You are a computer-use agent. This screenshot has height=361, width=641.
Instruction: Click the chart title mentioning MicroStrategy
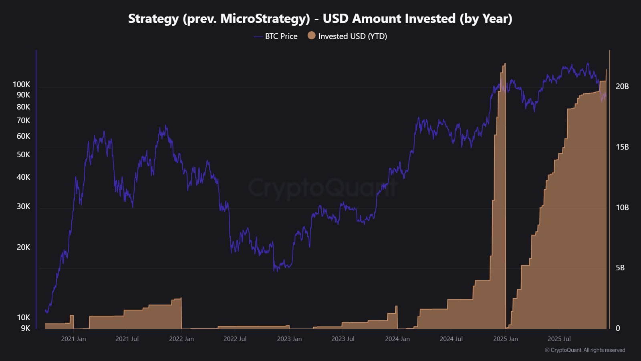coord(320,18)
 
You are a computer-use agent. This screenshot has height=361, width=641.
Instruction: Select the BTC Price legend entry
coord(276,36)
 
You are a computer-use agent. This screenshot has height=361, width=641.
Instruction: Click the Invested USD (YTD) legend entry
coord(347,36)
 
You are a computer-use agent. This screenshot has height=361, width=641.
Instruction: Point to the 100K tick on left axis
coord(21,84)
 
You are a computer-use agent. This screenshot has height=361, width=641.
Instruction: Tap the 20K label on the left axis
coord(23,247)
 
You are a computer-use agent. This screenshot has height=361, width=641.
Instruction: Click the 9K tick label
coord(25,328)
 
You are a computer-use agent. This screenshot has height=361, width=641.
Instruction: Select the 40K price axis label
coord(23,177)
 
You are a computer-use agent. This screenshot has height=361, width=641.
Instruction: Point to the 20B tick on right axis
coord(622,86)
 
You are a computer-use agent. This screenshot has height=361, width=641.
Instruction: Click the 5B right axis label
coord(620,268)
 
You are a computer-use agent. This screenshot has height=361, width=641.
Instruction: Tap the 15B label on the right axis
coord(622,147)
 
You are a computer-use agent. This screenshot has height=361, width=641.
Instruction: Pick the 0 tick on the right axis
coord(618,328)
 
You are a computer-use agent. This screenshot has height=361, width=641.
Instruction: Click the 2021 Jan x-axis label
coord(73,339)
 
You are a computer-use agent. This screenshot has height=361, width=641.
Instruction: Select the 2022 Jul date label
coord(235,339)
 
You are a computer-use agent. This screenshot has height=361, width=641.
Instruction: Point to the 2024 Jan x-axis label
coord(397,339)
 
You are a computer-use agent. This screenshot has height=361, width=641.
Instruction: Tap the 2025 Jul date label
coord(559,339)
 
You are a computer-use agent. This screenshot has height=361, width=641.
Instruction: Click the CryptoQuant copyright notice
coord(585,350)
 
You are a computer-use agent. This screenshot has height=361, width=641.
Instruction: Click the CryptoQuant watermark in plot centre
coord(323,187)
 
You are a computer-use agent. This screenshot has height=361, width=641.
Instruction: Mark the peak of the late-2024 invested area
coord(504,64)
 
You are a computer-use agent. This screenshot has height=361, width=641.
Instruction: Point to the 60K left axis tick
coord(23,136)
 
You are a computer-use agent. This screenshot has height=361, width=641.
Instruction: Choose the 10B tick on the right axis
coord(622,207)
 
